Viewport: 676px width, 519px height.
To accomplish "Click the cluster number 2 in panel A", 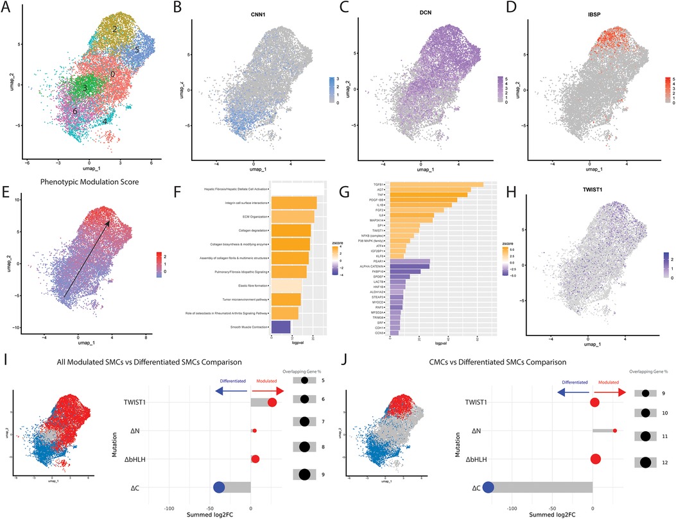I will (x=114, y=30).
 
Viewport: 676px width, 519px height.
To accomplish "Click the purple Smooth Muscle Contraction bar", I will (x=281, y=328).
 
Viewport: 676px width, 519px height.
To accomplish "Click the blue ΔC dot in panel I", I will (x=218, y=488).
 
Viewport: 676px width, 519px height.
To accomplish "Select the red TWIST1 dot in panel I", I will (x=272, y=402).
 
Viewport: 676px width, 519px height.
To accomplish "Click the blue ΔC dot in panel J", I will (x=488, y=488).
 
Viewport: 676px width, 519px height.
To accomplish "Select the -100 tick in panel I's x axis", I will (x=170, y=507).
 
